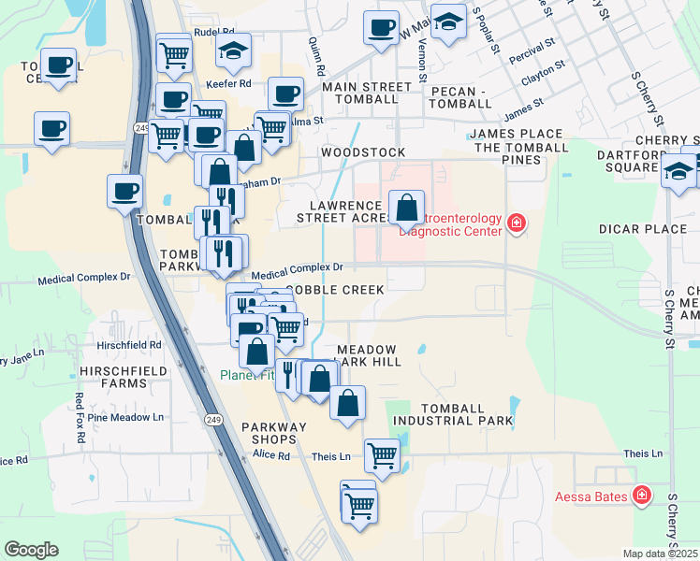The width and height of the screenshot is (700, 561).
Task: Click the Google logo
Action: [x=32, y=550]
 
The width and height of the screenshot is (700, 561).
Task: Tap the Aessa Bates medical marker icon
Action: [x=642, y=496]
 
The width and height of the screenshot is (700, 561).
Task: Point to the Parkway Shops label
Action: [x=273, y=434]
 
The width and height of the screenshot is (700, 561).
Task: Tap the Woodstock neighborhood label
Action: [x=363, y=152]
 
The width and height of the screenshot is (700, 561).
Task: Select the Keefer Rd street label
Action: [x=231, y=83]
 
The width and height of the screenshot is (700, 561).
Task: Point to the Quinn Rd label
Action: [x=315, y=56]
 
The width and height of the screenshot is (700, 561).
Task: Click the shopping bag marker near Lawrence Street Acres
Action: [x=407, y=208]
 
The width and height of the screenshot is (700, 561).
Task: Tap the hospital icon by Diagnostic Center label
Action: [x=516, y=223]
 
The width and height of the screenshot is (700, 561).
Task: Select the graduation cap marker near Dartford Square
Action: [x=678, y=170]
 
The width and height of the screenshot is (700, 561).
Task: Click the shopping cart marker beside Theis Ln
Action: [x=382, y=456]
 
